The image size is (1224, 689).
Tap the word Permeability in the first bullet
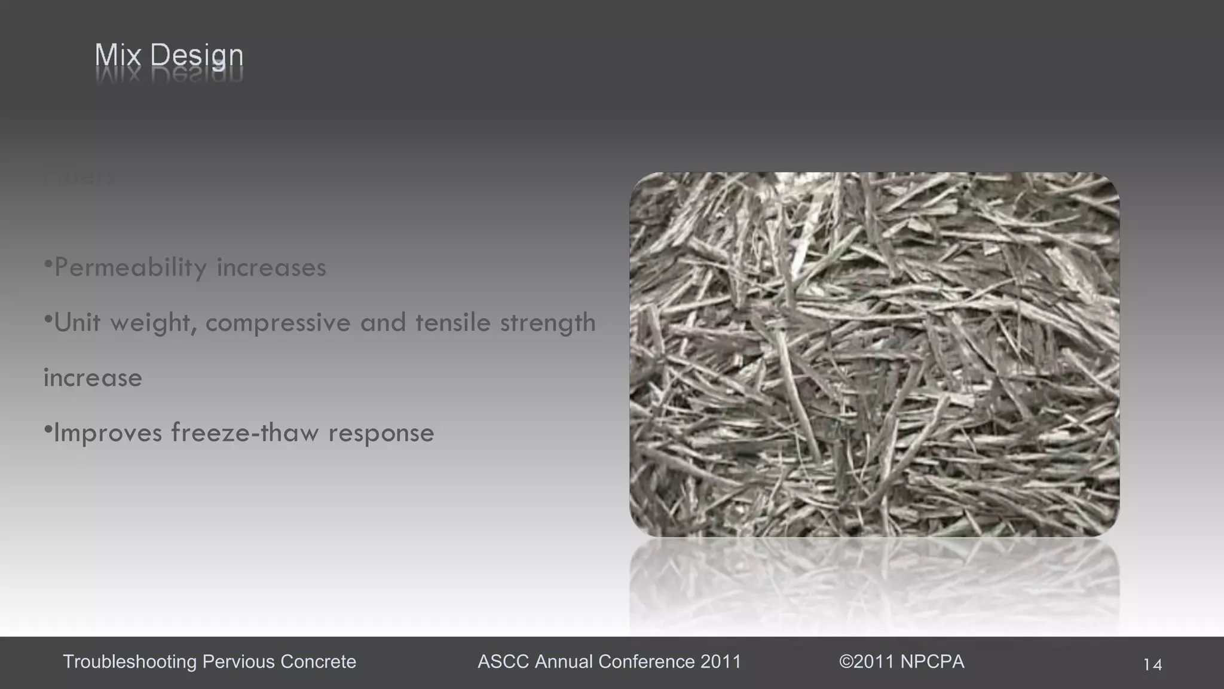(130, 267)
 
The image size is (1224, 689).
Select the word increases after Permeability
(271, 267)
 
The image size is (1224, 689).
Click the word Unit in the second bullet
(77, 323)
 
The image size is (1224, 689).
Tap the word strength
(547, 323)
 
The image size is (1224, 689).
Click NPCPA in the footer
(932, 661)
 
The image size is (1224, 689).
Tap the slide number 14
(1152, 664)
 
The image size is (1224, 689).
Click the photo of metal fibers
(874, 354)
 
